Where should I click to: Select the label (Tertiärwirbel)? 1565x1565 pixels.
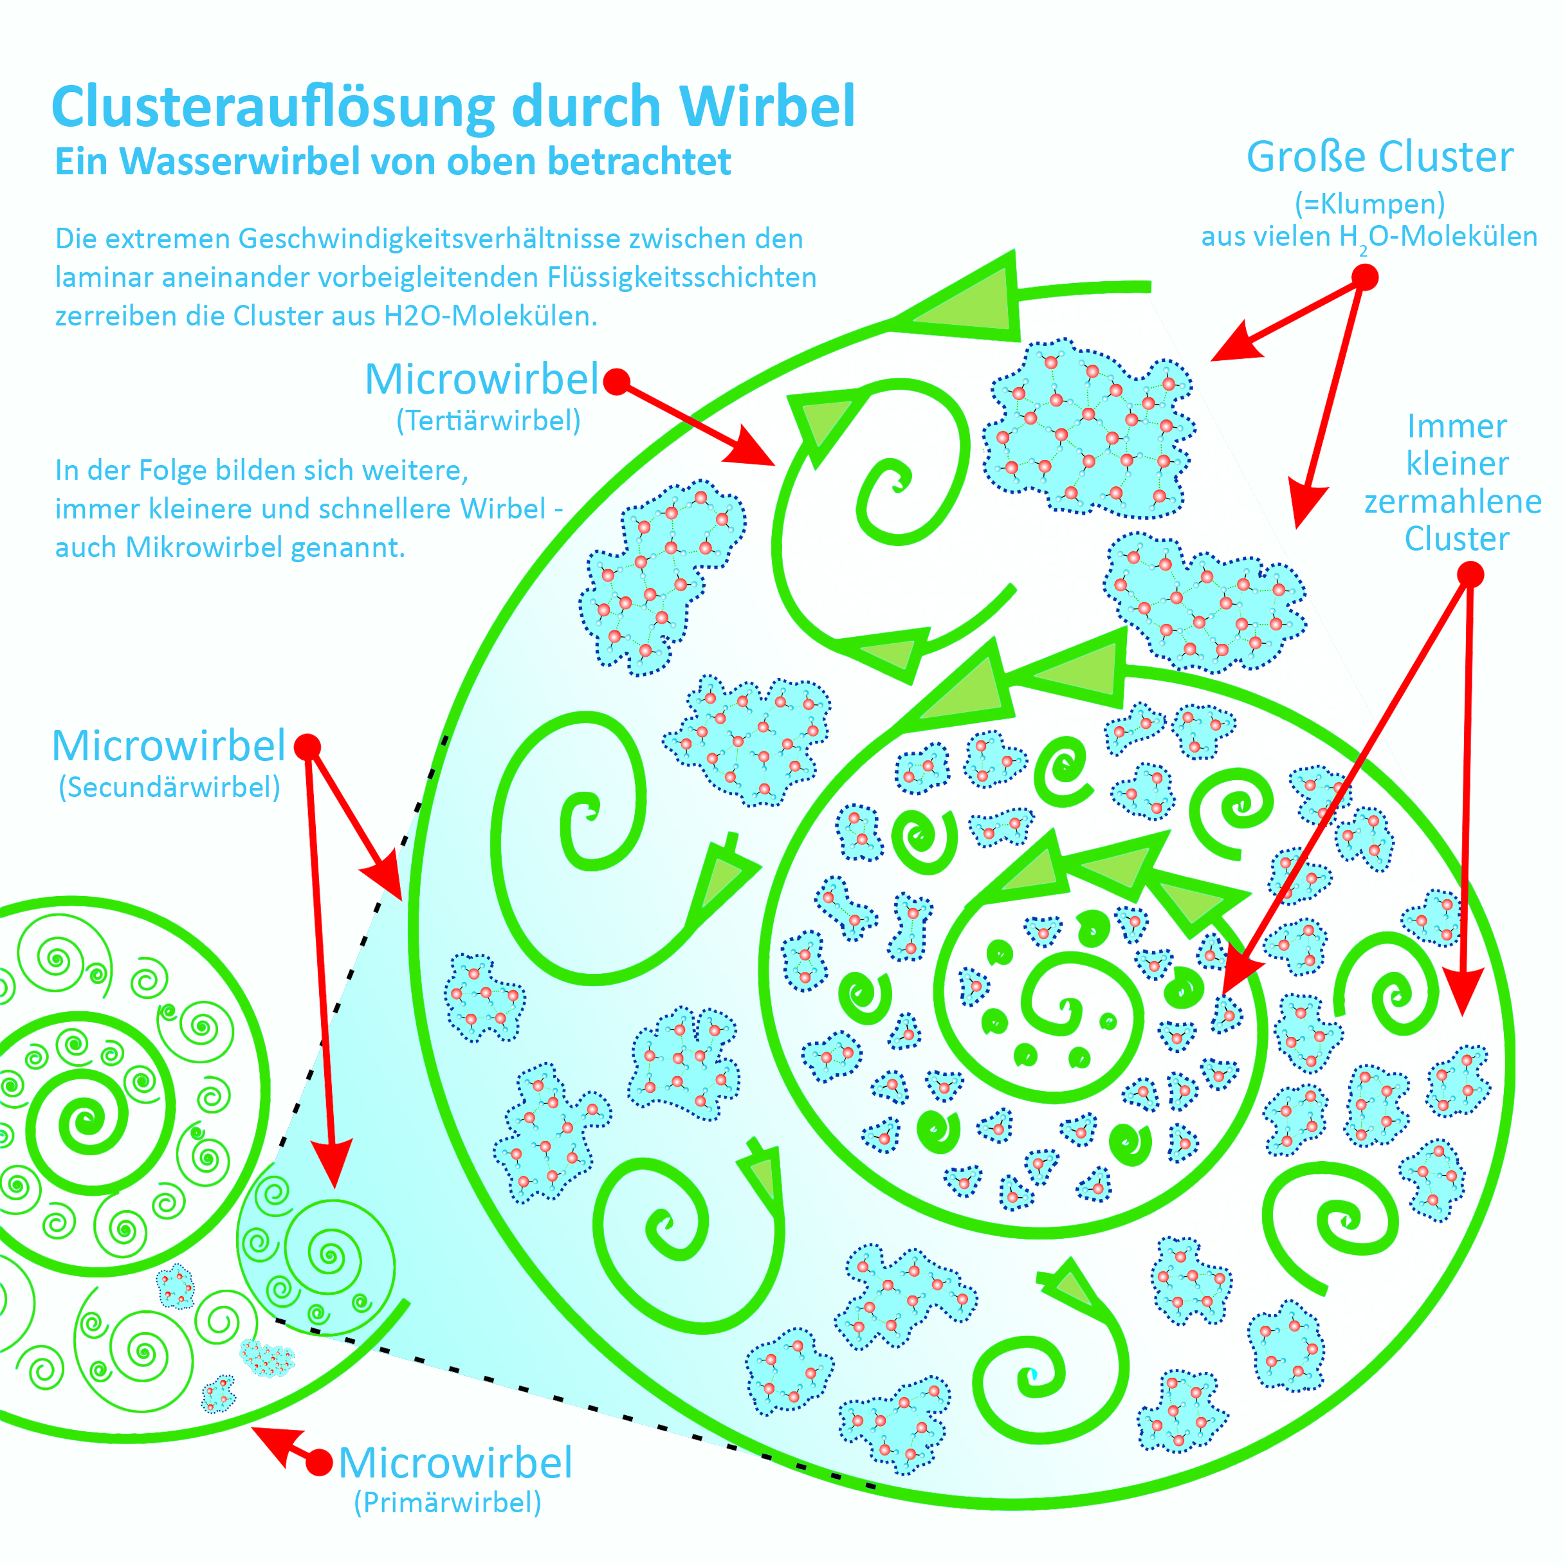(x=488, y=421)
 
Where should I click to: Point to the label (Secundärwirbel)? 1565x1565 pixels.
(x=169, y=787)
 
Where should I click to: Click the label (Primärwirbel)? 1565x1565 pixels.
(x=447, y=1503)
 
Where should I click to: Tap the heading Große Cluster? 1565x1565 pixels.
(x=1380, y=157)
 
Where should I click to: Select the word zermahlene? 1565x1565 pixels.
(x=1452, y=502)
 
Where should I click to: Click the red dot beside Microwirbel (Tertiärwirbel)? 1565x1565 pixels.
(x=616, y=381)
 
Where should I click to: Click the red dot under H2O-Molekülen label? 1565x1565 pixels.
(x=1365, y=278)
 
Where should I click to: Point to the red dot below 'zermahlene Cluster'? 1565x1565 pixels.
(x=1470, y=575)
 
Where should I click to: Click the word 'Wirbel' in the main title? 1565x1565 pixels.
(x=774, y=107)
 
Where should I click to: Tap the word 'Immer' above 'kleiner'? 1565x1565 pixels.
(x=1456, y=426)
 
